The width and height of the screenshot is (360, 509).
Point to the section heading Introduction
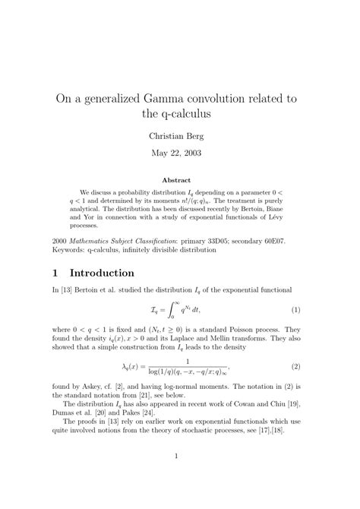click(x=102, y=272)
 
